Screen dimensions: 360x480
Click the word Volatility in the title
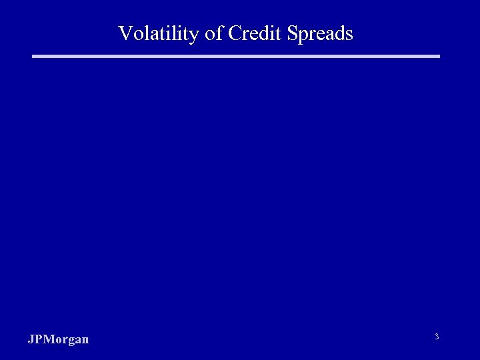pos(158,33)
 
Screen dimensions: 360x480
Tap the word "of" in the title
pos(214,33)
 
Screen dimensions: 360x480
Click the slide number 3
pos(437,337)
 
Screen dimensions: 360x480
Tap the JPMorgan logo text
pos(58,340)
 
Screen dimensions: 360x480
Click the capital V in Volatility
pos(125,33)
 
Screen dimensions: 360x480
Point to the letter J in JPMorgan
pos(31,339)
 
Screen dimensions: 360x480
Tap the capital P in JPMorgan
pos(37,339)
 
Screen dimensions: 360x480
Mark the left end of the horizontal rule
pos(34,57)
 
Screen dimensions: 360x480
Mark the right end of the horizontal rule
pos(439,57)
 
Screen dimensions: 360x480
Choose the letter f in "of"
pos(219,33)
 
